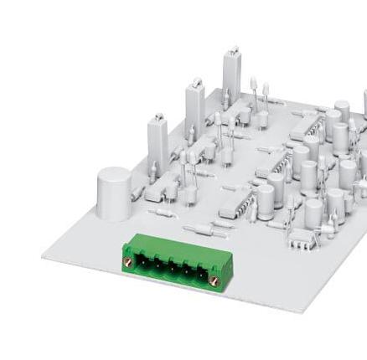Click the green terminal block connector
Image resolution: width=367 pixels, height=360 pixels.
(x=173, y=265)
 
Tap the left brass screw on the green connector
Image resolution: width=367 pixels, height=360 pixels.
(x=129, y=261)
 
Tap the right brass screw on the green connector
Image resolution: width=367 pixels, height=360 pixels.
(x=215, y=280)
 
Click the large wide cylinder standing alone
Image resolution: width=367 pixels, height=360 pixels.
(x=114, y=192)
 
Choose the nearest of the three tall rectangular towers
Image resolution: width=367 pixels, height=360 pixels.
(x=158, y=145)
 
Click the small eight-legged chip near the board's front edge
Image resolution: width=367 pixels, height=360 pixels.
(x=305, y=239)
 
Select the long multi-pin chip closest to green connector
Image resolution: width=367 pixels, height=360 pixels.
(x=237, y=200)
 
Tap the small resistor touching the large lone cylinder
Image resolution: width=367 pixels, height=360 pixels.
(x=139, y=192)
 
